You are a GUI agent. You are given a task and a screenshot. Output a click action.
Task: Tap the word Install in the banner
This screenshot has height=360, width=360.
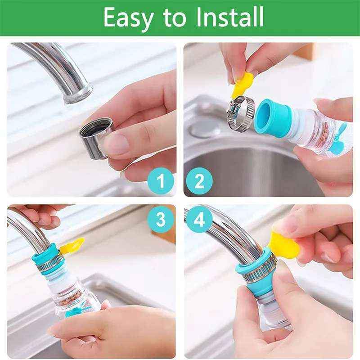coord(230,17)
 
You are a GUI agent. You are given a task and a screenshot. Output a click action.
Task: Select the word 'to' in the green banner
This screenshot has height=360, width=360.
coord(174,18)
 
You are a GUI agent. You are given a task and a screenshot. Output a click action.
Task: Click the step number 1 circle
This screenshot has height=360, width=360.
coord(161,181)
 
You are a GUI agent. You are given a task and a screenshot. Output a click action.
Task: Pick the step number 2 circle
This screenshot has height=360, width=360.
coord(199,181)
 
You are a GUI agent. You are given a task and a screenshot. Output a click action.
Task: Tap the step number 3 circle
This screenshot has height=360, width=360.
coord(161,219)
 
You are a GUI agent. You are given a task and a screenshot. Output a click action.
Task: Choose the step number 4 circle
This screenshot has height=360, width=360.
coord(199,219)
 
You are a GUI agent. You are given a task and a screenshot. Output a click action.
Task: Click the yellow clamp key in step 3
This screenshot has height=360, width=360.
coord(72,246)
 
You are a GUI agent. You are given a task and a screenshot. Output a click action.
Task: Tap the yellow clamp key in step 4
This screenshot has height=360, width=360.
coord(284,245)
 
